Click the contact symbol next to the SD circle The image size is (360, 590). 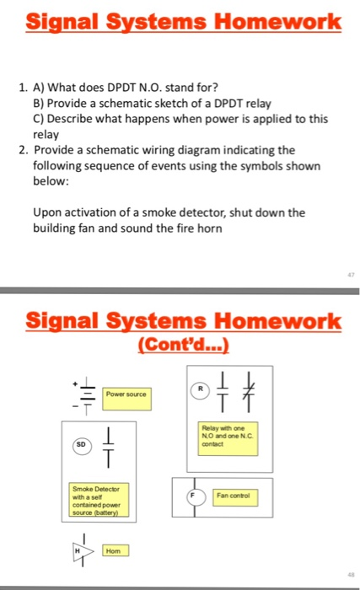coord(109,445)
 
